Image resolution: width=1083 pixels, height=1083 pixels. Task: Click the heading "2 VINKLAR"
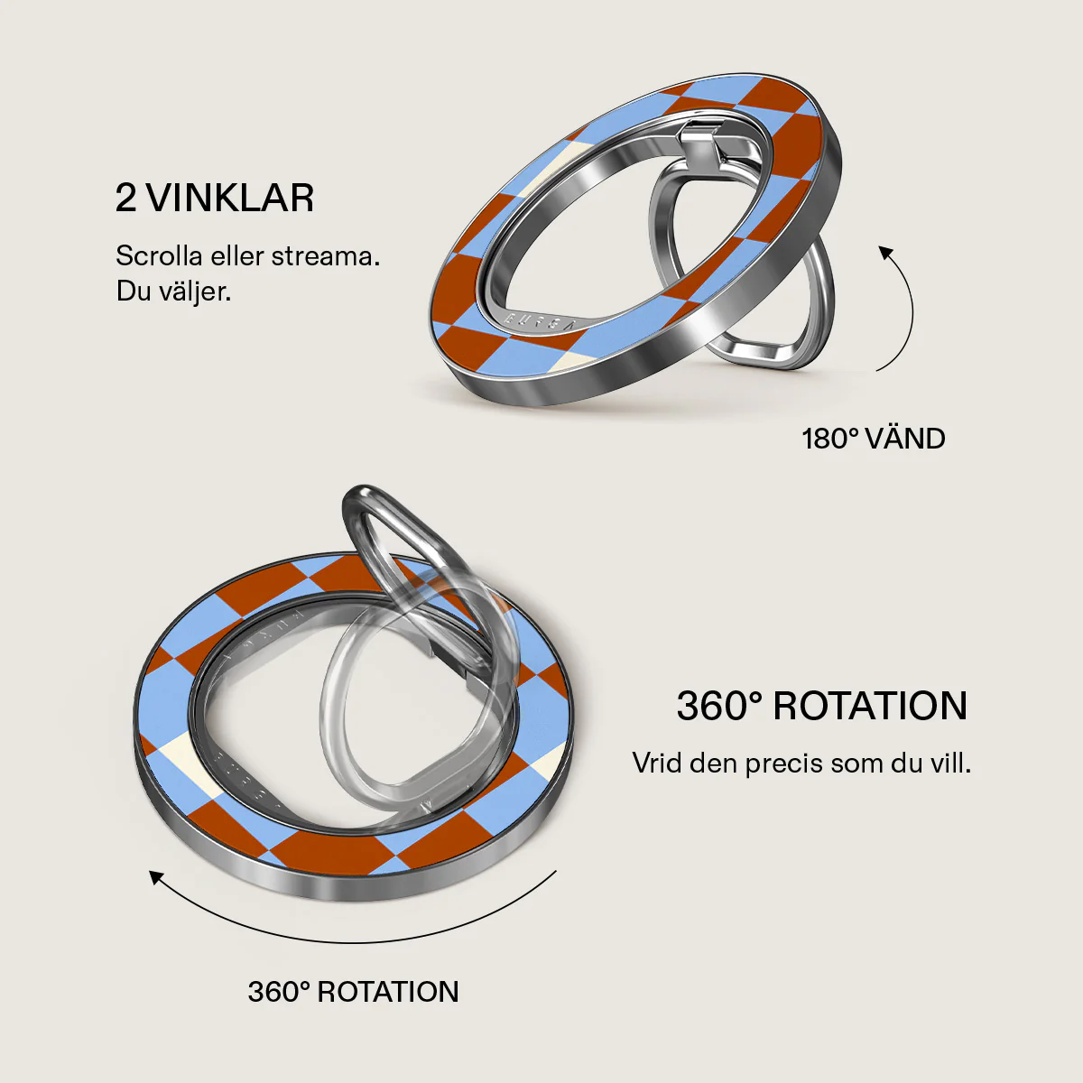(214, 198)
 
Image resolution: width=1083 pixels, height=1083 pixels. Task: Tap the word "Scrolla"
(159, 256)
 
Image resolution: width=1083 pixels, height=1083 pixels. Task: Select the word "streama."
(326, 256)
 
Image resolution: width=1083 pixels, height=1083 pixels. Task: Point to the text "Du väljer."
(173, 292)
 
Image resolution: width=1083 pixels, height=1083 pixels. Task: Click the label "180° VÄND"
(873, 439)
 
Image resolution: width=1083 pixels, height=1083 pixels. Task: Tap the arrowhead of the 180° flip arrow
(886, 253)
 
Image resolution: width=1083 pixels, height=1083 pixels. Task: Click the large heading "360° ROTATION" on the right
(822, 706)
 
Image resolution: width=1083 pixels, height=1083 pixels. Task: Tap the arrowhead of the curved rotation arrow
(156, 878)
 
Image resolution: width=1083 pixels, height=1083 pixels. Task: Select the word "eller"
(236, 256)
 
